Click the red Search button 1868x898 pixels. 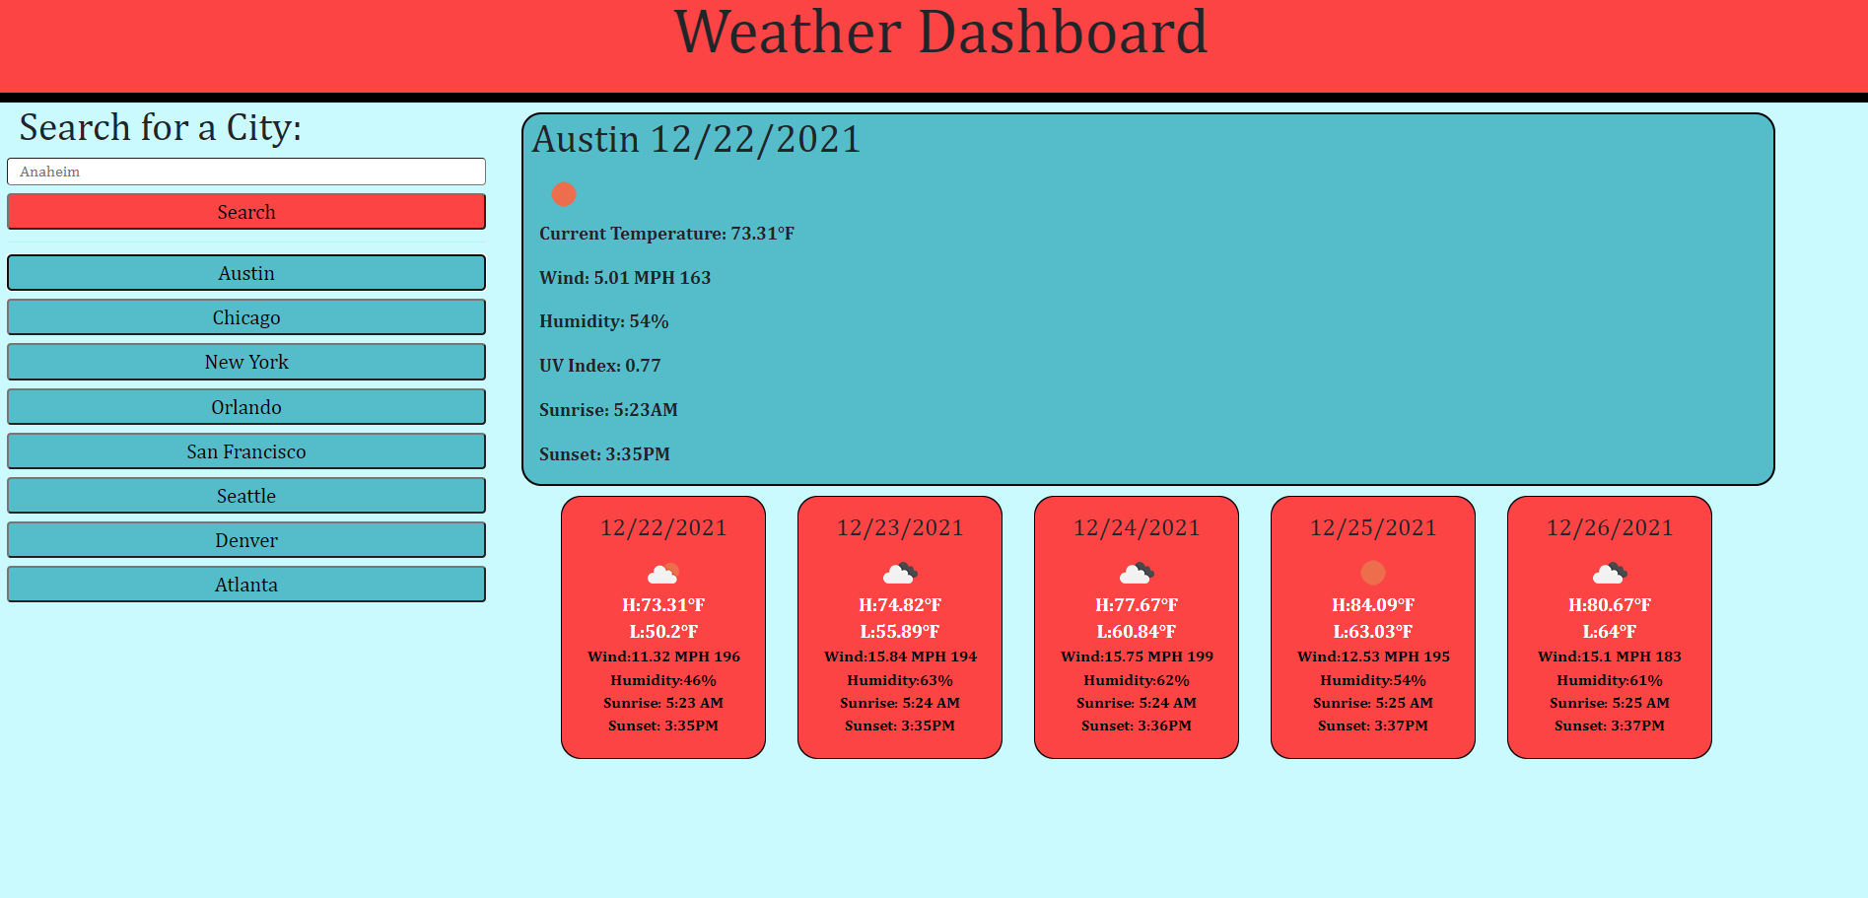tap(246, 212)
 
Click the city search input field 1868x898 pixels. tap(246, 172)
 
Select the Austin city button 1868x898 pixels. tap(246, 273)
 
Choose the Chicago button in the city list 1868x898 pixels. tap(246, 317)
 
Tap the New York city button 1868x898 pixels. tap(246, 362)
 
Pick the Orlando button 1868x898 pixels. tap(246, 407)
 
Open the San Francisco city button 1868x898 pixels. tap(246, 451)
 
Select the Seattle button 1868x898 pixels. tap(246, 496)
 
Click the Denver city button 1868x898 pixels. tap(246, 540)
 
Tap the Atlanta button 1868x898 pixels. tap(246, 585)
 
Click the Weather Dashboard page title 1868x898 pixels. tap(940, 33)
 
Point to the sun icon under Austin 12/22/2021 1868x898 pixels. tap(564, 194)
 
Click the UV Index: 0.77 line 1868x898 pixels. tap(599, 366)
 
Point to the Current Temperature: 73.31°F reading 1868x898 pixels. tap(666, 234)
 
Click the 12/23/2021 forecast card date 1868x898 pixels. tap(900, 528)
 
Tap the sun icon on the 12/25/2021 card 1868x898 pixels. tap(1373, 573)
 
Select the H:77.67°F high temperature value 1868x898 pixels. tap(1137, 605)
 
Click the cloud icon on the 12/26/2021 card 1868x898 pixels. tap(1610, 573)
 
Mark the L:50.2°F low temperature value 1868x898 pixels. tap(663, 632)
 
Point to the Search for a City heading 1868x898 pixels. tap(161, 128)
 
